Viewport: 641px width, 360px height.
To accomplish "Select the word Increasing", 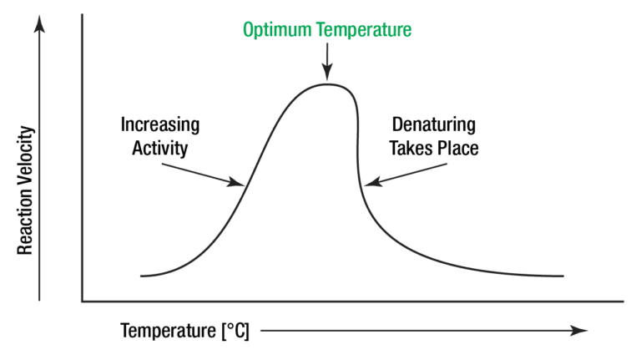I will [x=160, y=125].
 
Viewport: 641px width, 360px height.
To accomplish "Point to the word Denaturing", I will [x=433, y=125].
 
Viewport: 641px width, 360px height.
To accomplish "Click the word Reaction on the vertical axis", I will [x=26, y=221].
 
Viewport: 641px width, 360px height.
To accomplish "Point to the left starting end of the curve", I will [x=143, y=276].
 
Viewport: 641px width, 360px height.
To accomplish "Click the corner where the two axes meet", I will [x=83, y=300].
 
